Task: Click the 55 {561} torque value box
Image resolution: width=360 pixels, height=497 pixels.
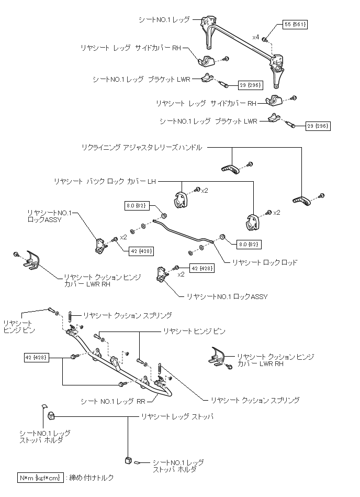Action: click(295, 25)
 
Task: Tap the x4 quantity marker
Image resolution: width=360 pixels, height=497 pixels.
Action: click(255, 37)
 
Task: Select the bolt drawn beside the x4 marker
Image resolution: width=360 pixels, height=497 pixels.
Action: click(265, 39)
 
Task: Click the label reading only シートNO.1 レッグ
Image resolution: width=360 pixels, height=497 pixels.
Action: click(164, 20)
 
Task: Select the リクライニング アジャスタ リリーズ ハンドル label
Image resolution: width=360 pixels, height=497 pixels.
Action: click(141, 148)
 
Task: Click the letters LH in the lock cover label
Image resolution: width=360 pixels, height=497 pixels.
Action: click(151, 181)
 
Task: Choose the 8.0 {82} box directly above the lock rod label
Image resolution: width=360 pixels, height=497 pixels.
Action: click(248, 244)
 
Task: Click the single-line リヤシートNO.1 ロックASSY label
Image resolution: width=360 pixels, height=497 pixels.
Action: click(227, 296)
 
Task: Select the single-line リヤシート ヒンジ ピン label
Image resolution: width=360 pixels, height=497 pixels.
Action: click(194, 331)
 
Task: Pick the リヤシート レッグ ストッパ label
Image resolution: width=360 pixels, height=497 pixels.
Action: click(176, 417)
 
